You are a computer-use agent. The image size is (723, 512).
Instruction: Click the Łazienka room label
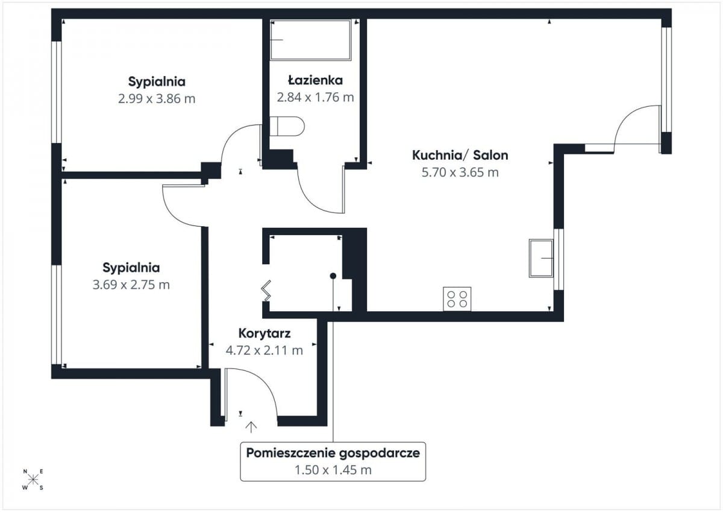tap(315, 80)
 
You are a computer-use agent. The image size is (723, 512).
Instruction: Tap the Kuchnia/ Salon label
tap(460, 156)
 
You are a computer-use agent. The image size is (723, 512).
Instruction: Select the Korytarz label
tap(264, 333)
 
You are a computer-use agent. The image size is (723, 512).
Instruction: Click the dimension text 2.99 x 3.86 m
tap(157, 98)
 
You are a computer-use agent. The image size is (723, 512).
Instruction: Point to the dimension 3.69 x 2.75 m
tap(131, 285)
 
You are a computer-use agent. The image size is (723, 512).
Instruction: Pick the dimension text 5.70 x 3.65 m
tap(460, 172)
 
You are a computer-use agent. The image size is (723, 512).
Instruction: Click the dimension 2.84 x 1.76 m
tap(315, 97)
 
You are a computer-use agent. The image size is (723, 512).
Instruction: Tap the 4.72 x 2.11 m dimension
tap(264, 350)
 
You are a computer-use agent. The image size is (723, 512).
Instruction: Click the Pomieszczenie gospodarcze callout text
tap(333, 454)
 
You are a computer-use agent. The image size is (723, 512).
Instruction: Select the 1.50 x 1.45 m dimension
tap(333, 470)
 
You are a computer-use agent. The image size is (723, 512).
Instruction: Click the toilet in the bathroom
tap(287, 126)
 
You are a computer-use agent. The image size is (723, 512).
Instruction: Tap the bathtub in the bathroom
tap(310, 40)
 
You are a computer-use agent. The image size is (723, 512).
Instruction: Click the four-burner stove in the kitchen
tap(457, 299)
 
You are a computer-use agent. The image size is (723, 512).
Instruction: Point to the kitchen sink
tap(541, 258)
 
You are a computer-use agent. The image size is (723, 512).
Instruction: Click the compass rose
tap(33, 479)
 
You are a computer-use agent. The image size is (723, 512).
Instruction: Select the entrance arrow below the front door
tap(251, 427)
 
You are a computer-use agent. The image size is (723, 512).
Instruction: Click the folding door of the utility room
tap(266, 291)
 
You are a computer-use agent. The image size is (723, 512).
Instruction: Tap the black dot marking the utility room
tap(333, 276)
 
